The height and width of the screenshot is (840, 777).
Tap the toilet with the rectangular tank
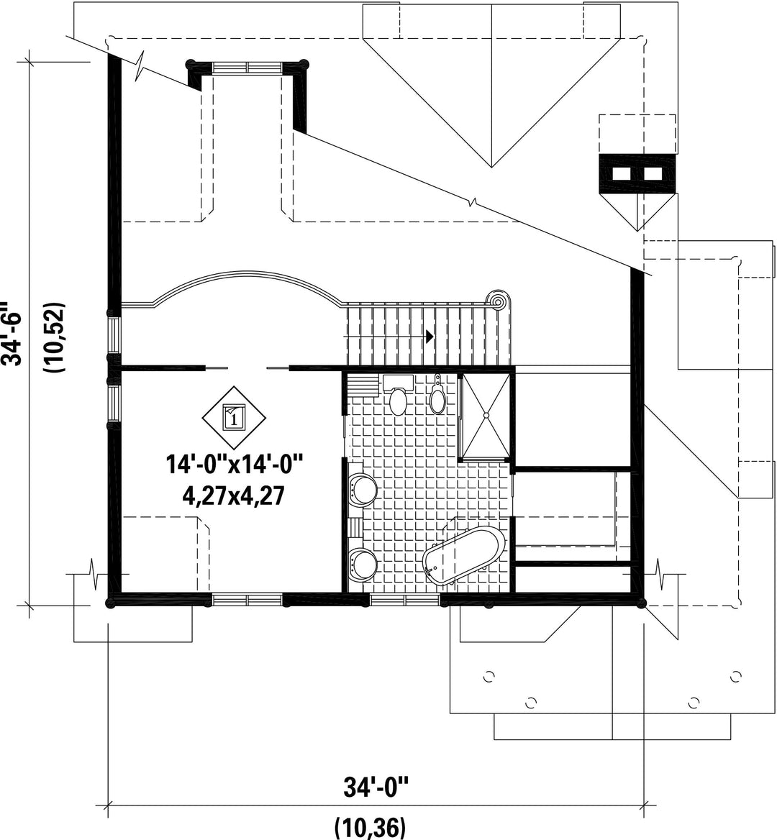pyautogui.click(x=398, y=394)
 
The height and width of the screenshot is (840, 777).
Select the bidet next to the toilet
pyautogui.click(x=438, y=396)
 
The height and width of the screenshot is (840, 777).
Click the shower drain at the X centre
pyautogui.click(x=486, y=415)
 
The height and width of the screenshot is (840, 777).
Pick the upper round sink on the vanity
pyautogui.click(x=363, y=489)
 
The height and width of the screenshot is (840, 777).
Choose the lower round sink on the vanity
pyautogui.click(x=363, y=564)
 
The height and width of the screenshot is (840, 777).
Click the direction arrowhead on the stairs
pyautogui.click(x=430, y=337)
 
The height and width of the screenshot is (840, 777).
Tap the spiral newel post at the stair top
pyautogui.click(x=496, y=303)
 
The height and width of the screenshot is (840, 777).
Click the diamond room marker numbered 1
pyautogui.click(x=234, y=417)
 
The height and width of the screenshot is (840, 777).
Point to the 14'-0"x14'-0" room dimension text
pyautogui.click(x=235, y=464)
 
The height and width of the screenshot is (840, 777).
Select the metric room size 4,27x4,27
pyautogui.click(x=234, y=497)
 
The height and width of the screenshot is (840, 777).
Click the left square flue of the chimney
pyautogui.click(x=622, y=173)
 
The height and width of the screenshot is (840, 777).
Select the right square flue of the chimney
pyautogui.click(x=652, y=173)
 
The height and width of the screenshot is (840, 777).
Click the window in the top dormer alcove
pyautogui.click(x=247, y=67)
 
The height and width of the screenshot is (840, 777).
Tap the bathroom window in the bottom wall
pyautogui.click(x=405, y=600)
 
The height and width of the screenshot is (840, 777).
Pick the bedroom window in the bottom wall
pyautogui.click(x=247, y=600)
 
